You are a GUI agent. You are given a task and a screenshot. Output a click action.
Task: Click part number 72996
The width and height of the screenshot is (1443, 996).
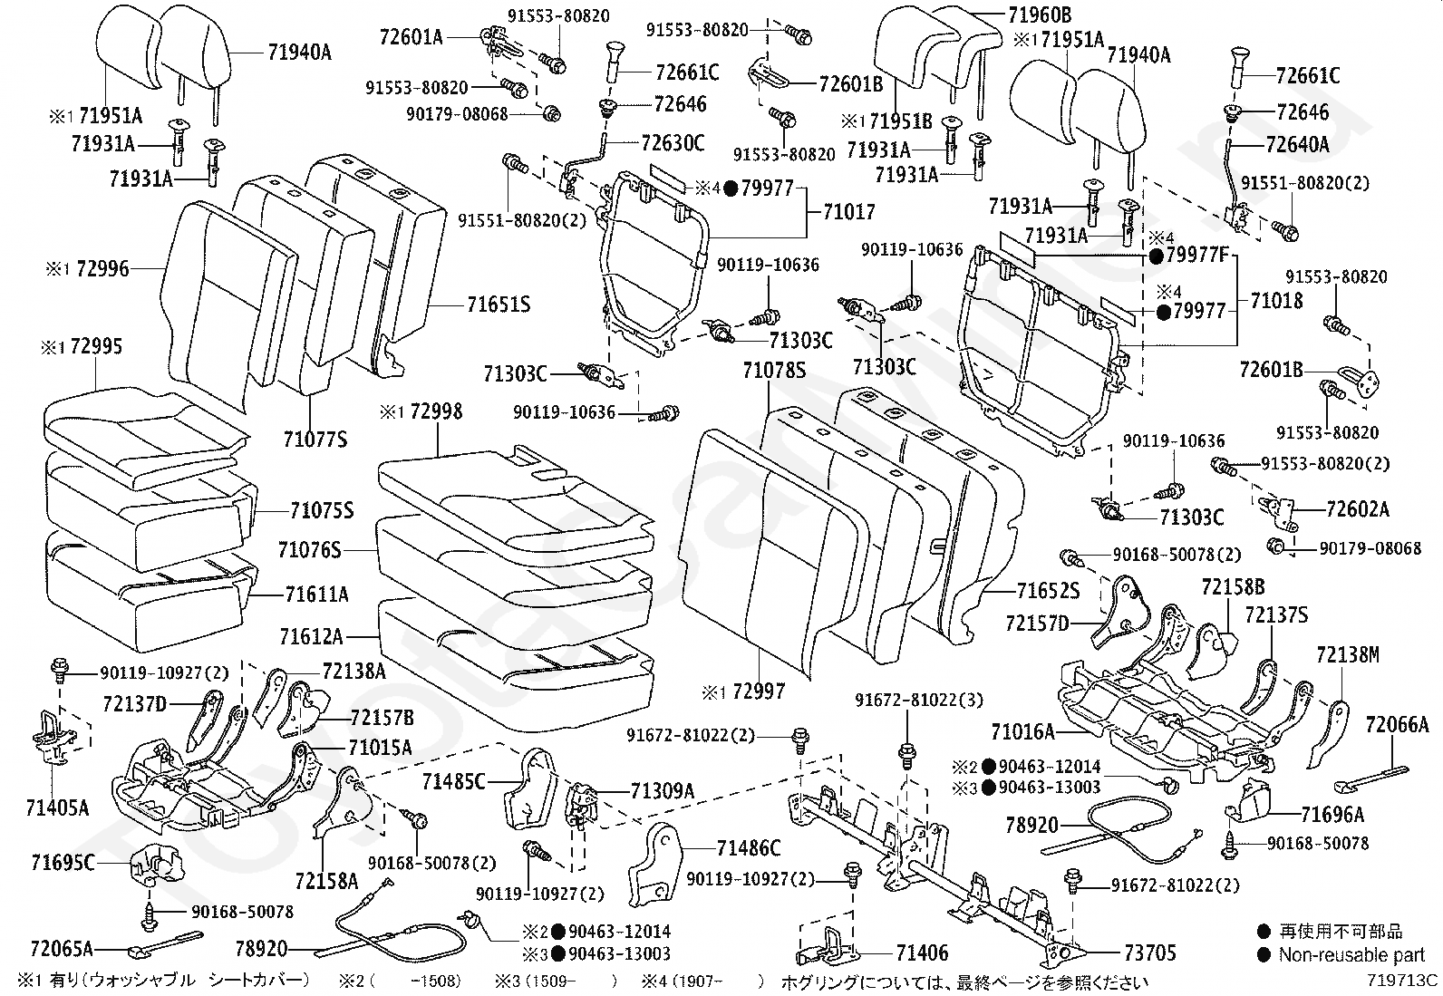(x=102, y=269)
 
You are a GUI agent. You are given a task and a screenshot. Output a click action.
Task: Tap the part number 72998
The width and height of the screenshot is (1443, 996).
(x=436, y=412)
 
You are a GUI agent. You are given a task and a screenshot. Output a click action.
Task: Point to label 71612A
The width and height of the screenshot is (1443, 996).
(x=311, y=636)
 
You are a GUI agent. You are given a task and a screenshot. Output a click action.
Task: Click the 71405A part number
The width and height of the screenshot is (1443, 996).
(x=58, y=807)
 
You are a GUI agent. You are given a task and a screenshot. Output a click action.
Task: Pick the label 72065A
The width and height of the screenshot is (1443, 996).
(x=62, y=949)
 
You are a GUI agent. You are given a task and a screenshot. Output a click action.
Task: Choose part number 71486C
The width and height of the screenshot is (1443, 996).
(x=749, y=848)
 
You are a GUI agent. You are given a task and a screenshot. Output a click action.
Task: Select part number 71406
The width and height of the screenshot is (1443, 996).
(x=922, y=952)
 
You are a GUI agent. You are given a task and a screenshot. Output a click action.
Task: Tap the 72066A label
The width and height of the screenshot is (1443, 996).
(x=1397, y=723)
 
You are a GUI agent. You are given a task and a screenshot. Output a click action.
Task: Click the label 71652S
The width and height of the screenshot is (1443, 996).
(x=1048, y=592)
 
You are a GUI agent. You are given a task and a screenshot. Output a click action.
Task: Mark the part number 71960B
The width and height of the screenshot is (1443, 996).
(x=1040, y=15)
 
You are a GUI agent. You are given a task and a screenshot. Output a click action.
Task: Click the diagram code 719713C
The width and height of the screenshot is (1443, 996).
(x=1403, y=980)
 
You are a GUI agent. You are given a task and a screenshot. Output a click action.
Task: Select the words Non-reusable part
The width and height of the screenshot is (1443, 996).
(x=1351, y=955)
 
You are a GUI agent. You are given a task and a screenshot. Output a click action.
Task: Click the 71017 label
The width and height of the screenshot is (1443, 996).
(x=849, y=212)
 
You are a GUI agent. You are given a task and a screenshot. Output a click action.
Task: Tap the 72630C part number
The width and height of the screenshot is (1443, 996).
(x=673, y=142)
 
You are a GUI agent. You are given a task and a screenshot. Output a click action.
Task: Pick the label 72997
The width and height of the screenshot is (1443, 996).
(x=759, y=692)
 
